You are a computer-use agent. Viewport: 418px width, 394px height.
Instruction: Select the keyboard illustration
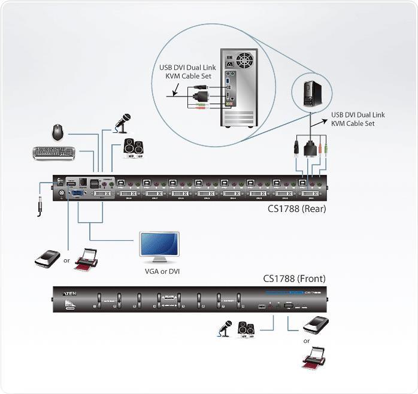tap(54, 153)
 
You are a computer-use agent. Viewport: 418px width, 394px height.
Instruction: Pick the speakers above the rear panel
tap(133, 147)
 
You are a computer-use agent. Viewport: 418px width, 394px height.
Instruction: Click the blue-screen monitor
tap(159, 246)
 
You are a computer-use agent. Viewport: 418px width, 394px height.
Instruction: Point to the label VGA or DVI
tap(162, 271)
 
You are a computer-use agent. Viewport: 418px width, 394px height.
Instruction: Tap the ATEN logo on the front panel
tap(69, 293)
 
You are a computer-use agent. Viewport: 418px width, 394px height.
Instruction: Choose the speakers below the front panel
tap(247, 329)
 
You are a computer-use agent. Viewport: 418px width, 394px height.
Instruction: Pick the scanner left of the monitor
tap(47, 258)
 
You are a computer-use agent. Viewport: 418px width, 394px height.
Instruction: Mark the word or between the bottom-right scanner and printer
tap(307, 341)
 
